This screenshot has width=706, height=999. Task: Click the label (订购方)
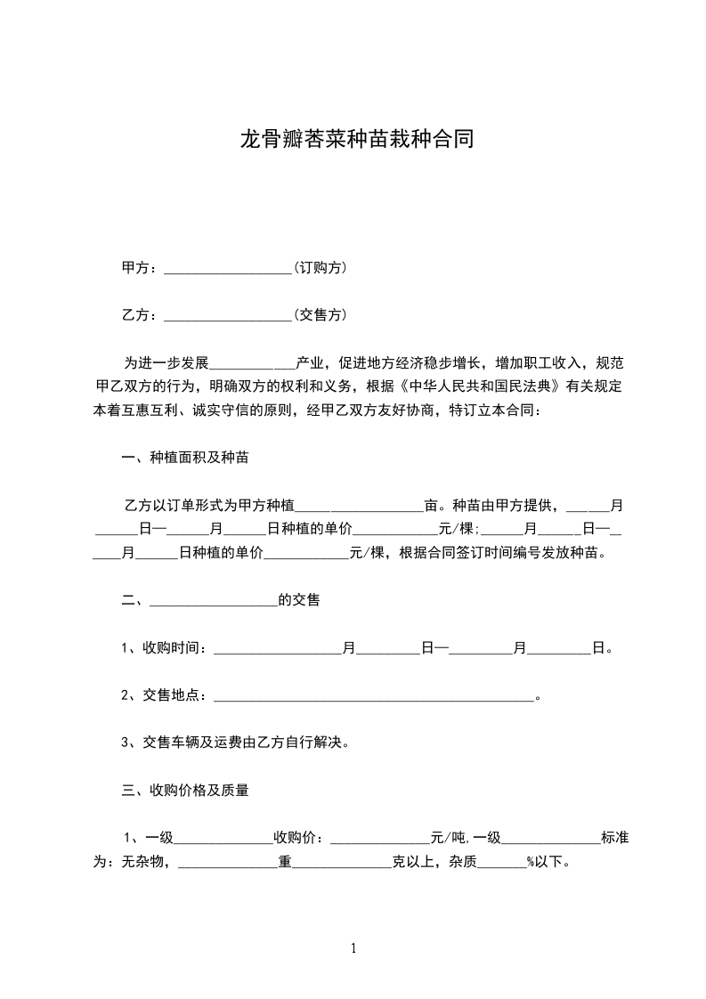(x=320, y=268)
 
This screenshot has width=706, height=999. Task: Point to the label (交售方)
(x=320, y=315)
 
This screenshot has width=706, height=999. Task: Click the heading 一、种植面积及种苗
(x=184, y=458)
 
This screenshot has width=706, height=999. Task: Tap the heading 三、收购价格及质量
(x=184, y=790)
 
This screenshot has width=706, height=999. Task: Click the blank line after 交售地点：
(x=374, y=696)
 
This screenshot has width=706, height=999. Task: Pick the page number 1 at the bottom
(x=353, y=948)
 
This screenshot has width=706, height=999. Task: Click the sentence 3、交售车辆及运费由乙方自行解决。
(x=234, y=742)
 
